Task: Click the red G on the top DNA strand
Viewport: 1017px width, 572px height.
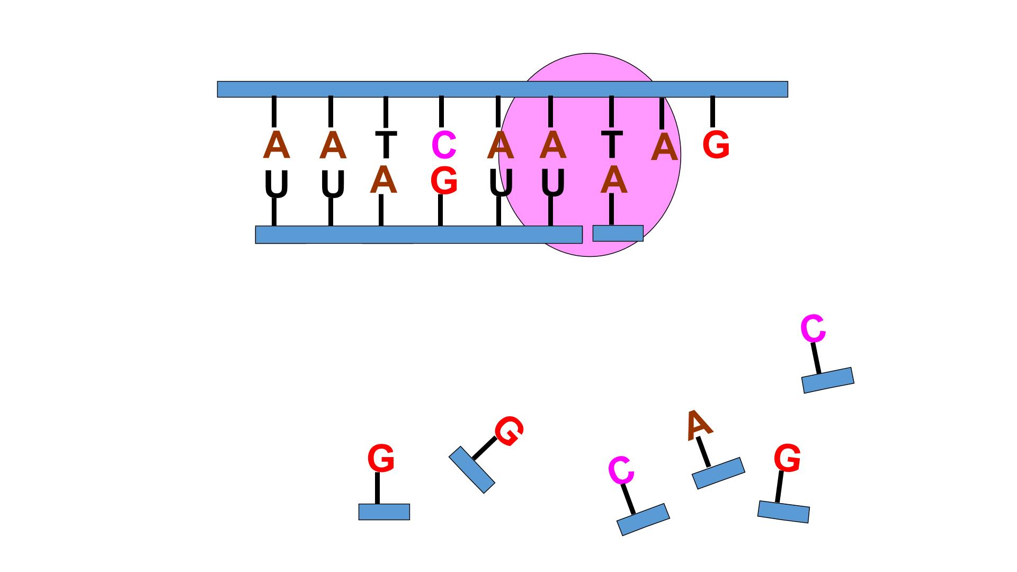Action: [x=716, y=145]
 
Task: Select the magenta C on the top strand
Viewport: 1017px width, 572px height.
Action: [x=444, y=145]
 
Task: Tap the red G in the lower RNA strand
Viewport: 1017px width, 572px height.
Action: [x=444, y=181]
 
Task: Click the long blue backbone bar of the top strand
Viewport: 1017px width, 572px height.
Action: [x=502, y=89]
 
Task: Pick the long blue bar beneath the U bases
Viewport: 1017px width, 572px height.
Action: [x=418, y=235]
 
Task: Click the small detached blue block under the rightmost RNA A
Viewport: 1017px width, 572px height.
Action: [x=618, y=233]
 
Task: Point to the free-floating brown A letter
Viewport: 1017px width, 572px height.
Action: [x=699, y=424]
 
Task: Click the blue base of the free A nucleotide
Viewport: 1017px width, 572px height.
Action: [x=718, y=473]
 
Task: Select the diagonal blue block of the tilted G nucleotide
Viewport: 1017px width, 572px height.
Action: [x=471, y=470]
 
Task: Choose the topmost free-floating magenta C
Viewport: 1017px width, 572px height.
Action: [x=813, y=329]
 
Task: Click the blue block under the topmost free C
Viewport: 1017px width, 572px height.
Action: [x=828, y=380]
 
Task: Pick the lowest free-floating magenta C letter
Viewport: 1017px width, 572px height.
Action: [x=621, y=470]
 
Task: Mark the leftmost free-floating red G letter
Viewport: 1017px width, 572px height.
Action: [x=381, y=459]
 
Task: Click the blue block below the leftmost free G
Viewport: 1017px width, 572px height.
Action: [x=384, y=512]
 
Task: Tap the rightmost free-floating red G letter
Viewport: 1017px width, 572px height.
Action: [x=787, y=458]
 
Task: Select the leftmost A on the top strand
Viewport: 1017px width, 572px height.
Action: [x=276, y=145]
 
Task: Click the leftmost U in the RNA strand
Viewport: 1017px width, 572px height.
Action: [x=276, y=184]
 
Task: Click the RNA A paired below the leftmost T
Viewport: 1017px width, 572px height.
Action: [x=383, y=181]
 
